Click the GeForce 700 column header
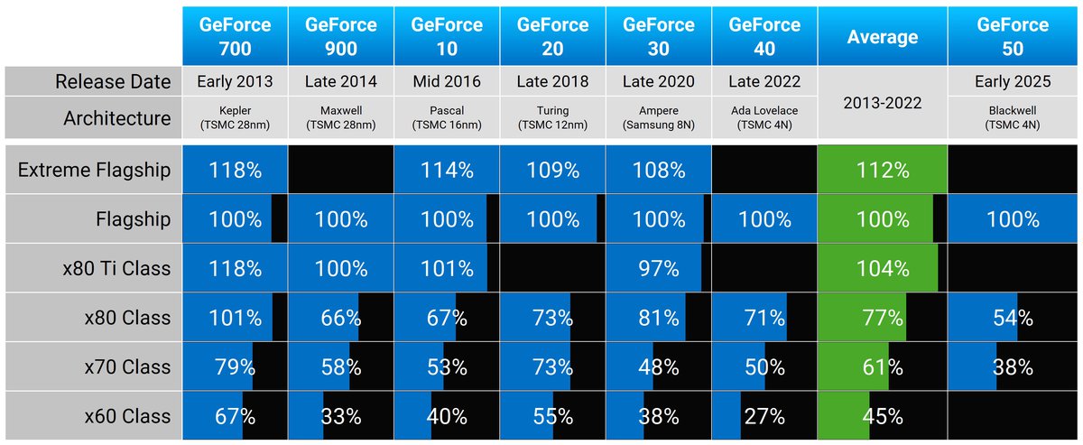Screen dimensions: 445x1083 (x=235, y=36)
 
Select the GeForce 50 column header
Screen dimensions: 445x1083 (x=1013, y=36)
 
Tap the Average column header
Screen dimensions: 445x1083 (x=882, y=36)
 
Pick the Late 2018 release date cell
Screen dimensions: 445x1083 (x=552, y=82)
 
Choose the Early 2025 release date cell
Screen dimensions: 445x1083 (x=1013, y=82)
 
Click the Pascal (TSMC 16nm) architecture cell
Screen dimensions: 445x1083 (x=446, y=118)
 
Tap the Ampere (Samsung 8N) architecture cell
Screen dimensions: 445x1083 (x=658, y=118)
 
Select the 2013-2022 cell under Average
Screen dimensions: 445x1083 (x=882, y=102)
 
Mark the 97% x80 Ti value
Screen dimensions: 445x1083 (x=658, y=268)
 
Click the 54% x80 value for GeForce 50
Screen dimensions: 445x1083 (x=1013, y=318)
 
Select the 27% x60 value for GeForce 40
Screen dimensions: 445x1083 (x=764, y=416)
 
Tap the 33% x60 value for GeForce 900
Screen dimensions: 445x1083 (x=341, y=416)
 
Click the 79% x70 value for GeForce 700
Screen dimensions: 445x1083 (x=235, y=367)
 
